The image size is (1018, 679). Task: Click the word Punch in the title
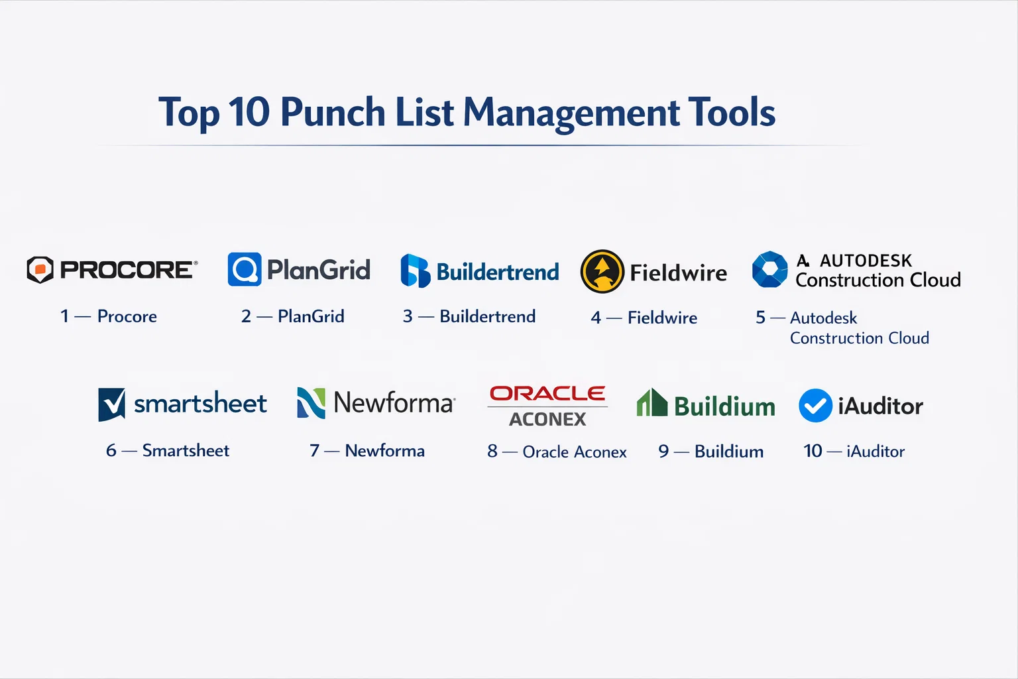pyautogui.click(x=333, y=112)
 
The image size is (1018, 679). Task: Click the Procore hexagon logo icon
pyautogui.click(x=40, y=270)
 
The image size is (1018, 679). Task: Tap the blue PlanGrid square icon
pyautogui.click(x=245, y=269)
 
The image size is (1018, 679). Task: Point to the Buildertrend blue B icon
pyautogui.click(x=415, y=271)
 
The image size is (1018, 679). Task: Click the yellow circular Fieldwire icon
pyautogui.click(x=602, y=271)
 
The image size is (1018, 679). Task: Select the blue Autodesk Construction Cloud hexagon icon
pyautogui.click(x=770, y=269)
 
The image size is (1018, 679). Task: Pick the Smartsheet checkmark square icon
pyautogui.click(x=112, y=404)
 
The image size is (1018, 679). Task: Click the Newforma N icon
pyautogui.click(x=311, y=403)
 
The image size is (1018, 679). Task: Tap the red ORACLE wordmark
pyautogui.click(x=547, y=393)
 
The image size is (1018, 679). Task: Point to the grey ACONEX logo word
pyautogui.click(x=547, y=419)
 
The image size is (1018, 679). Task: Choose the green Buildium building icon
pyautogui.click(x=652, y=402)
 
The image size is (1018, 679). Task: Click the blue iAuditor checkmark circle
pyautogui.click(x=815, y=405)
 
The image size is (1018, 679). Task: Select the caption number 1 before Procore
pyautogui.click(x=64, y=316)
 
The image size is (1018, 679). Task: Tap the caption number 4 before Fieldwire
pyautogui.click(x=596, y=318)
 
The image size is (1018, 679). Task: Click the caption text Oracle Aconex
pyautogui.click(x=575, y=452)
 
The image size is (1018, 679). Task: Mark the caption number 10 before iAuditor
pyautogui.click(x=813, y=451)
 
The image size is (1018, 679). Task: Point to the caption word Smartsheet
pyautogui.click(x=186, y=450)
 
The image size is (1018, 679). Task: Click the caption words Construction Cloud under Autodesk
pyautogui.click(x=860, y=338)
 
